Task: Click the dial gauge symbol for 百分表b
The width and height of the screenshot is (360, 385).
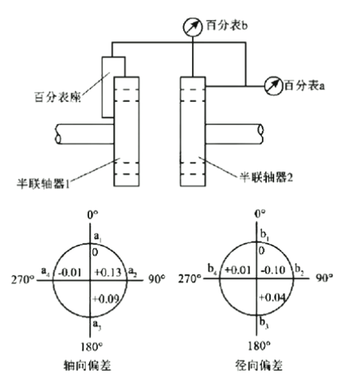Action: click(x=193, y=27)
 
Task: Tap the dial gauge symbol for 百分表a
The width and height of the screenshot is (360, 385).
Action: click(x=273, y=86)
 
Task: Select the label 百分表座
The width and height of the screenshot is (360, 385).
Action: click(x=57, y=97)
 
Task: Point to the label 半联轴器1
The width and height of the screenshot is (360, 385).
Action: click(x=43, y=183)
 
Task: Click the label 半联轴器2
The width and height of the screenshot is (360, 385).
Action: click(x=266, y=177)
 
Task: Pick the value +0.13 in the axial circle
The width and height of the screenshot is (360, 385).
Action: click(x=108, y=272)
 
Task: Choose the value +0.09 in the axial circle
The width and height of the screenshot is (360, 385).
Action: click(x=106, y=299)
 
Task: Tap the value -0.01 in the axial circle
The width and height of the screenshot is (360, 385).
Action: click(x=69, y=273)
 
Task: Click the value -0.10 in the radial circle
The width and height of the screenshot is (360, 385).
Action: click(x=273, y=270)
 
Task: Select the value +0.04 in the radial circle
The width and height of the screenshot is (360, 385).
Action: click(x=272, y=297)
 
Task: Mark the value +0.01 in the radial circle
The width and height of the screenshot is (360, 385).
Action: click(x=237, y=270)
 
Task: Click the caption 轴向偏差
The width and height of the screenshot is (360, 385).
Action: click(x=88, y=365)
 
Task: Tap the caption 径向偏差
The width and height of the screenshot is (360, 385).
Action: click(x=259, y=365)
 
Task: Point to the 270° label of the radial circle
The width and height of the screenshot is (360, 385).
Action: click(x=190, y=279)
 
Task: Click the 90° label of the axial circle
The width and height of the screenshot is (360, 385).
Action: click(x=157, y=279)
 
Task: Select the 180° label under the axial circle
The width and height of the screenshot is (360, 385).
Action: click(x=92, y=347)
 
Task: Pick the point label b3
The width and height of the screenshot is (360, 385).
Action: click(x=264, y=323)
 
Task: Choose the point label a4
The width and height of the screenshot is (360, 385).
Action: click(x=45, y=271)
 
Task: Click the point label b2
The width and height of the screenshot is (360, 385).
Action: click(x=299, y=269)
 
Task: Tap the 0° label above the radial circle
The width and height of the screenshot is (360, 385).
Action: click(x=260, y=214)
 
